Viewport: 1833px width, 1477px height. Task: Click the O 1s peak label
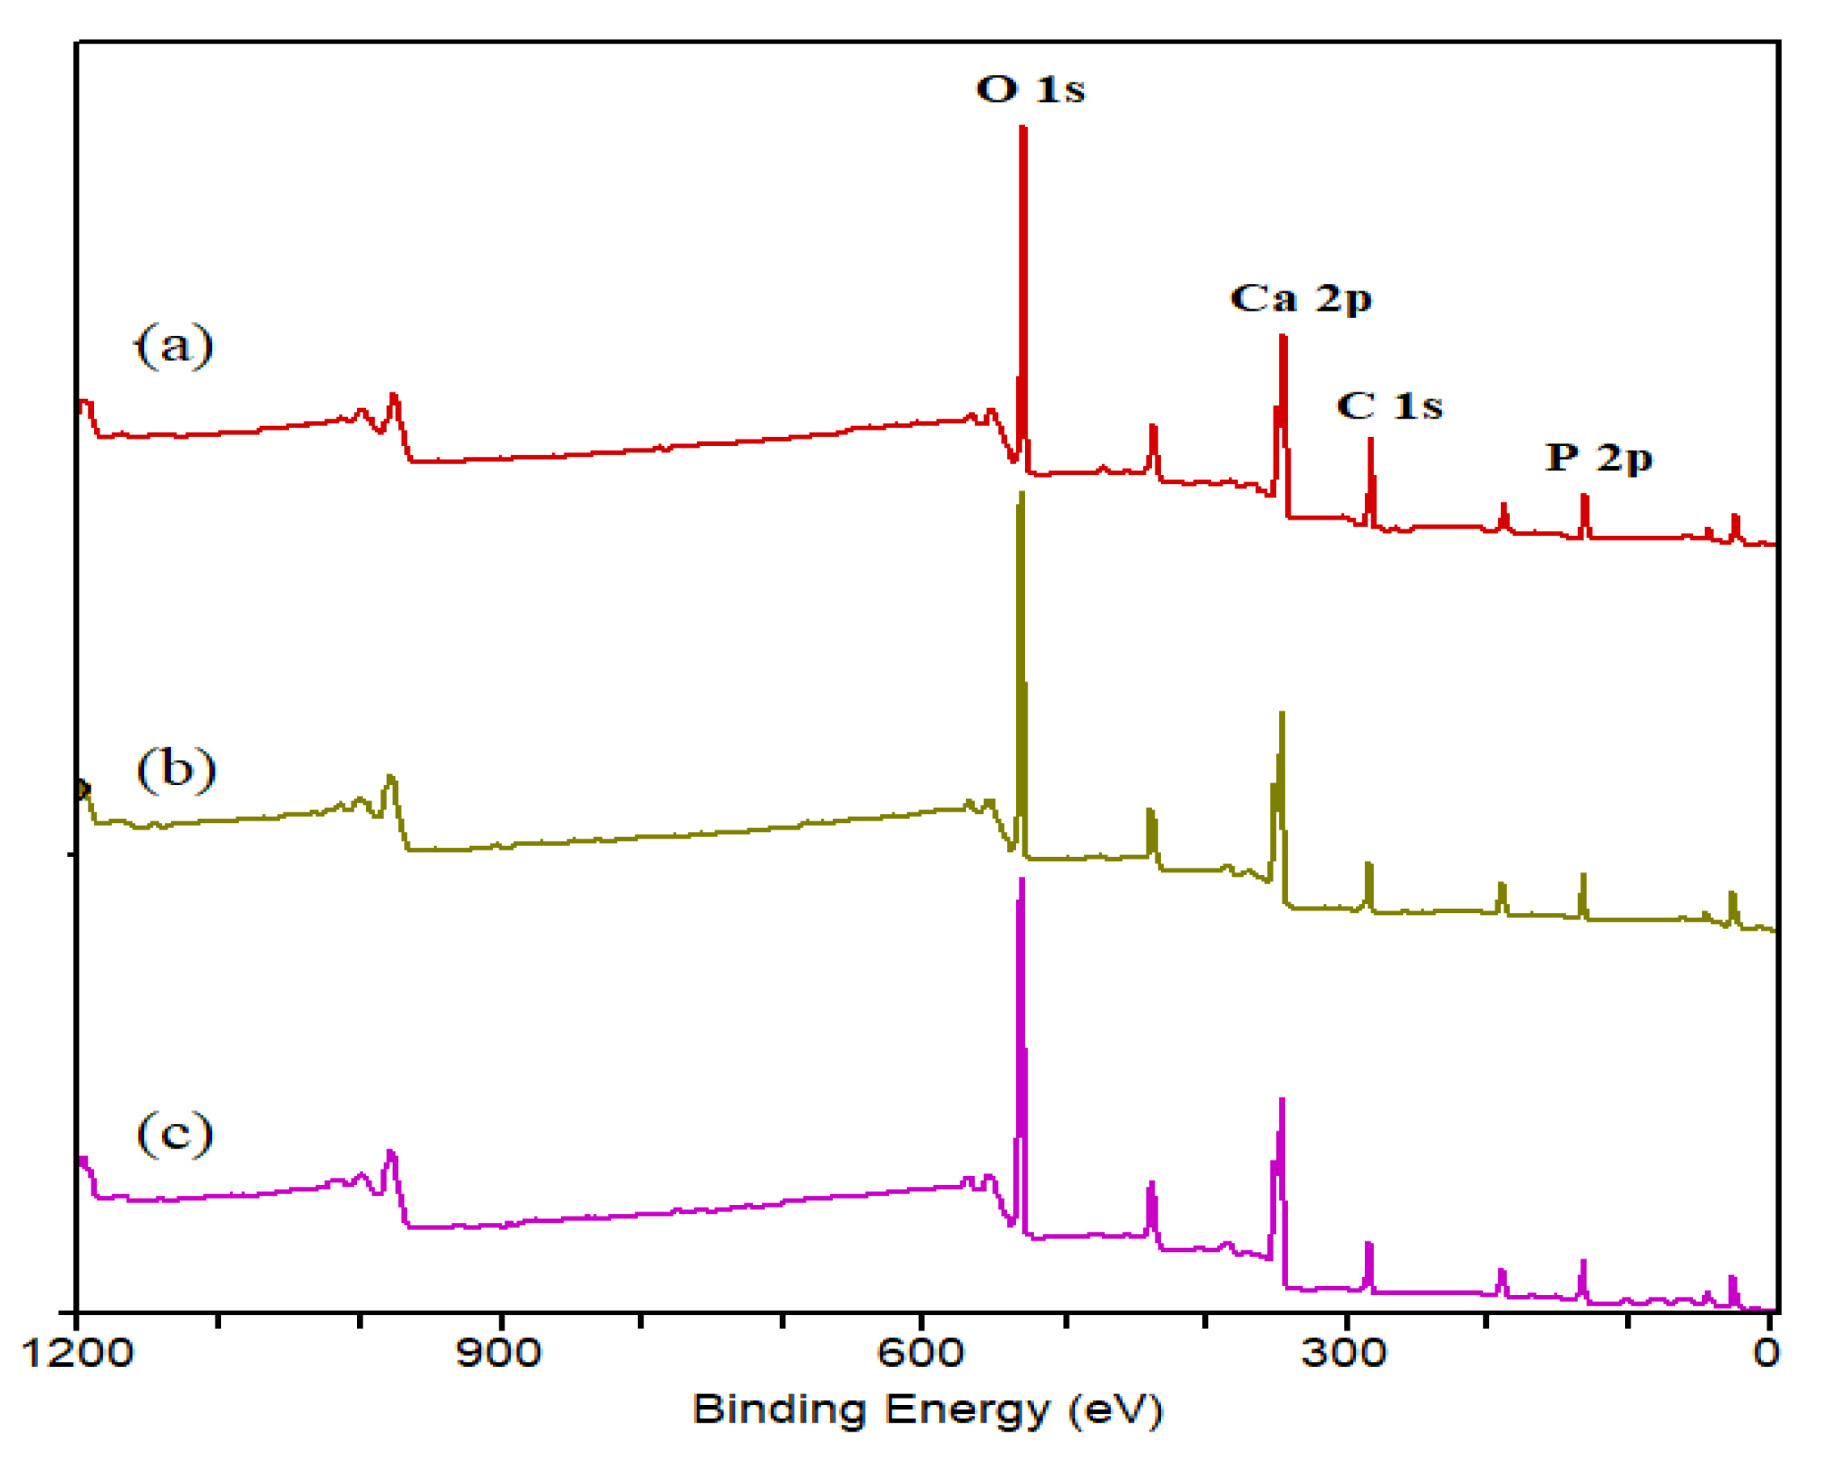point(1031,88)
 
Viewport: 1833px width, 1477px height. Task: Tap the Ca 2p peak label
point(1301,299)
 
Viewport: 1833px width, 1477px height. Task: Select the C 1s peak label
point(1389,405)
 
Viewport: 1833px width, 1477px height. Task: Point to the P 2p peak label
point(1599,458)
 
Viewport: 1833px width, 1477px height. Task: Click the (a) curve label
point(174,346)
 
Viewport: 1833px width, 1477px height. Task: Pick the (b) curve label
point(176,770)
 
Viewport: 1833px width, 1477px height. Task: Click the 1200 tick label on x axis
point(77,1353)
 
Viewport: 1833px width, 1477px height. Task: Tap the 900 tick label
point(499,1353)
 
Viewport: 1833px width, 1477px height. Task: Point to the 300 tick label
point(1344,1353)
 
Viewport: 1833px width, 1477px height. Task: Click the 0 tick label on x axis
point(1766,1353)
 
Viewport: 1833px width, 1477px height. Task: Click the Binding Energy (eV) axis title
point(928,1410)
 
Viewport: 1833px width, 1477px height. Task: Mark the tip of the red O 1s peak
point(1023,129)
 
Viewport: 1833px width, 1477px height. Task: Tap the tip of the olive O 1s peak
point(1021,494)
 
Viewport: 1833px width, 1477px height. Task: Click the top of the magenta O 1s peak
point(1021,881)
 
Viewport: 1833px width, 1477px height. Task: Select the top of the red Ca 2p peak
point(1283,337)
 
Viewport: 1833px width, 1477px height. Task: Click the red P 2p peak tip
point(1584,495)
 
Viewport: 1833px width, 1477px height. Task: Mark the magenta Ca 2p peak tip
point(1282,1100)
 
